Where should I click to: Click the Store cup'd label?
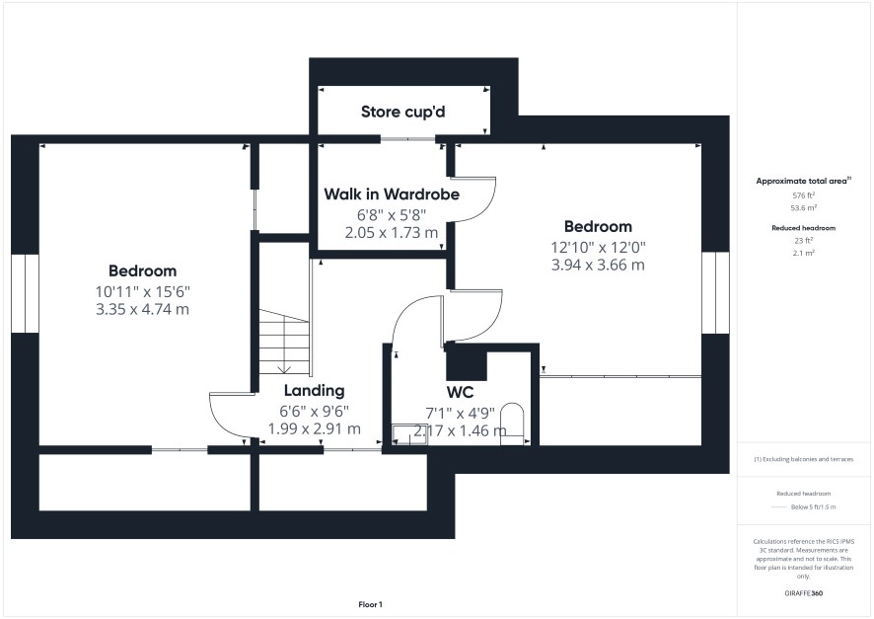[403, 113]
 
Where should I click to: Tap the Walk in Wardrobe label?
[392, 194]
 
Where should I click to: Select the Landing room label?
[315, 390]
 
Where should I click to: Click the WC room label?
[460, 393]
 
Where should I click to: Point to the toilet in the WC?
[512, 424]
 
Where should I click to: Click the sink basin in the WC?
[409, 435]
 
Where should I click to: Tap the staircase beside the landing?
[284, 343]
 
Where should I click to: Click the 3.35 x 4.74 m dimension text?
[143, 310]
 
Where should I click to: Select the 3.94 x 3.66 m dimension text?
[598, 265]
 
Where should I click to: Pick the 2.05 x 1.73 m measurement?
[392, 233]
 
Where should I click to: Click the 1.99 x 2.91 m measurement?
[315, 428]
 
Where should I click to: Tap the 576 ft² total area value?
[804, 195]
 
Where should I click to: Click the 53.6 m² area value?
[804, 207]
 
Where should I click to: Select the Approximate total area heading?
[804, 181]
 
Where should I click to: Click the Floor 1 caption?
[370, 604]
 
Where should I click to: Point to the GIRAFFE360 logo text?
[804, 593]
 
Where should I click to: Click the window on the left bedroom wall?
[25, 294]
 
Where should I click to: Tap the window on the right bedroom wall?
[715, 293]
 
